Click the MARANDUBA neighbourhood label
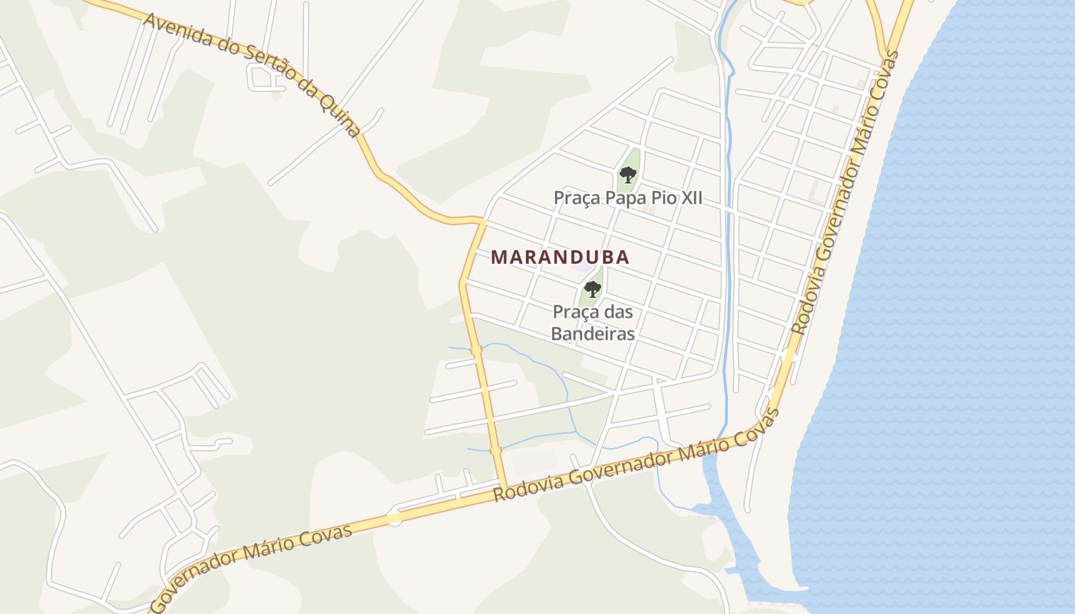click(560, 257)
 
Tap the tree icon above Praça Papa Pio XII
click(628, 175)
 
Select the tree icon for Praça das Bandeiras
click(592, 289)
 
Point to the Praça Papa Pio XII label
click(627, 198)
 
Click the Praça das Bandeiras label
click(594, 323)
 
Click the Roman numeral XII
click(689, 198)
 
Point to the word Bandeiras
click(594, 334)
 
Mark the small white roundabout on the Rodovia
click(395, 518)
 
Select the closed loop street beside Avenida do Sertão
click(263, 77)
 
